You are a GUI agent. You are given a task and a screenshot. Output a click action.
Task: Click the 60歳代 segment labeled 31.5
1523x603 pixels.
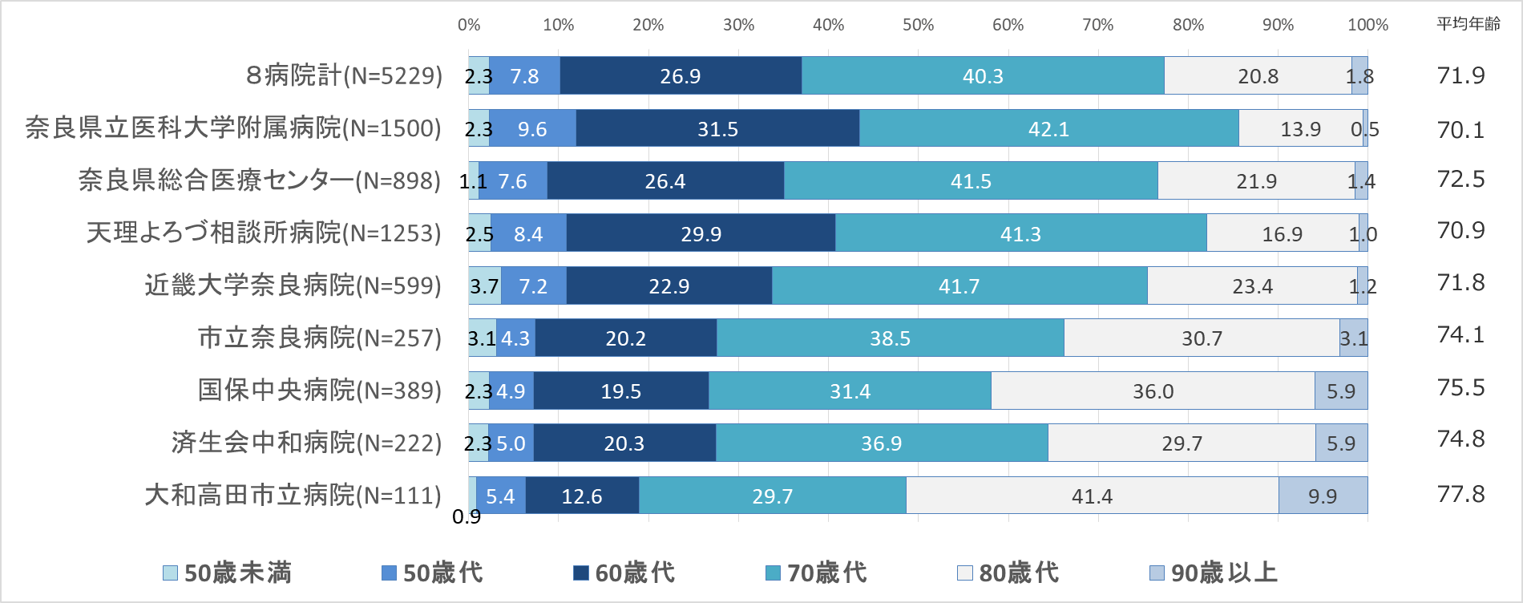click(x=717, y=128)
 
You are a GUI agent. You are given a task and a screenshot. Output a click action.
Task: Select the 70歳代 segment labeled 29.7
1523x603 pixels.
click(x=772, y=496)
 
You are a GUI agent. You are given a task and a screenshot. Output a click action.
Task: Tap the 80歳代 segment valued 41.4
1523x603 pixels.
click(x=1092, y=496)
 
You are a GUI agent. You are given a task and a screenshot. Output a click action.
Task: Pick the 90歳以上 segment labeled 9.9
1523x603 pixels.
click(x=1323, y=496)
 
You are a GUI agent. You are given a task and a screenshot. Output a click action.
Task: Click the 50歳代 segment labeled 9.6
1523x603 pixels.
click(x=532, y=128)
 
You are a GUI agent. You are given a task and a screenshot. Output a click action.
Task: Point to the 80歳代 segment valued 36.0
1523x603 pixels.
click(x=1153, y=391)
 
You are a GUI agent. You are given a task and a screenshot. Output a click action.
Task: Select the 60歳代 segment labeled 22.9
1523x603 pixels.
click(x=669, y=285)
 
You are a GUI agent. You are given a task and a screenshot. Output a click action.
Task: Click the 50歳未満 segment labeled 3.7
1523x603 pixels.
click(x=484, y=285)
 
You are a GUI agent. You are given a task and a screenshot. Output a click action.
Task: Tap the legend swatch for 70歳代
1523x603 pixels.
click(x=773, y=573)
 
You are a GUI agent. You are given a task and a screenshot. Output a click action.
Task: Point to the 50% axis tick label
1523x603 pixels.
click(x=918, y=25)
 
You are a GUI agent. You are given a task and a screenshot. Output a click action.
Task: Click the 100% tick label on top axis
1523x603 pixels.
click(x=1367, y=25)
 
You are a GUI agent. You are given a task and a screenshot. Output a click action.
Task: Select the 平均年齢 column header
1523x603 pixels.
click(x=1468, y=24)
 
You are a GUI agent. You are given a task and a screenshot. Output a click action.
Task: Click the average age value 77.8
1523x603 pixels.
click(x=1460, y=494)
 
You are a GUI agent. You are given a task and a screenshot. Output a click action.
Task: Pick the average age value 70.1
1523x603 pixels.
click(x=1460, y=129)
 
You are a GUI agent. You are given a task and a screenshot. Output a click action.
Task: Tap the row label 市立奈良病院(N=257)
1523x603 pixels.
click(x=319, y=338)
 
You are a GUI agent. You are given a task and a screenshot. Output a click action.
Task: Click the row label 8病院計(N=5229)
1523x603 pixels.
click(x=344, y=75)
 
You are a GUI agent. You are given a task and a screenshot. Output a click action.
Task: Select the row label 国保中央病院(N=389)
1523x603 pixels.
click(x=319, y=391)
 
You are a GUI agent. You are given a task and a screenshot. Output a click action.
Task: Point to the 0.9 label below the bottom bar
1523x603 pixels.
click(x=467, y=517)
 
